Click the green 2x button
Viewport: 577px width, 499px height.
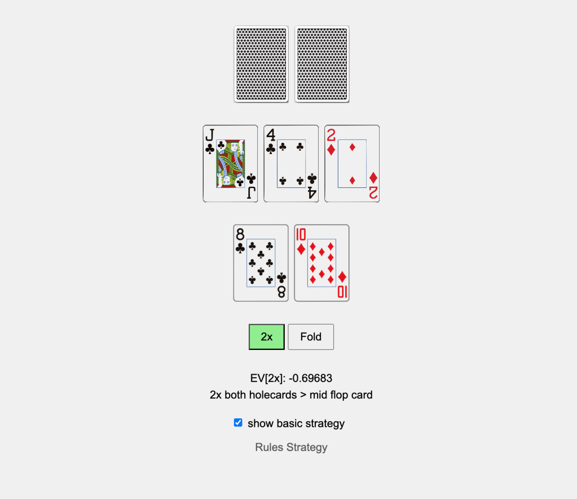point(266,336)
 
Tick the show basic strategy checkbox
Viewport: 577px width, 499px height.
point(238,422)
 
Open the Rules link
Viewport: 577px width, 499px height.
point(270,447)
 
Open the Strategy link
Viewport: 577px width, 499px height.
point(307,448)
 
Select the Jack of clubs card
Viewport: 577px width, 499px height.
point(230,164)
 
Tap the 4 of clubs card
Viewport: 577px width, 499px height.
point(291,164)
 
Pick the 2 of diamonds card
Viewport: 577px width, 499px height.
point(352,164)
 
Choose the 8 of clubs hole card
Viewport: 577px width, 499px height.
point(261,263)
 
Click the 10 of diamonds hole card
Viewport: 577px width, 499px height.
point(321,263)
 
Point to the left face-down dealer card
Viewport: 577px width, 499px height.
point(261,64)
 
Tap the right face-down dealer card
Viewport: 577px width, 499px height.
point(322,64)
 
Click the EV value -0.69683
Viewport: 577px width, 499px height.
point(310,378)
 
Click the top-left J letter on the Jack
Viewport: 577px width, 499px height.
point(210,135)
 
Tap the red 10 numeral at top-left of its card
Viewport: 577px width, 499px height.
point(301,235)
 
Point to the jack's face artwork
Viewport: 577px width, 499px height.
point(230,164)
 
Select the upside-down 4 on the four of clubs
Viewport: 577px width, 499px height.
point(312,192)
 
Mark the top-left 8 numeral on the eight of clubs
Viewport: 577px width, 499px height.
point(240,235)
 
